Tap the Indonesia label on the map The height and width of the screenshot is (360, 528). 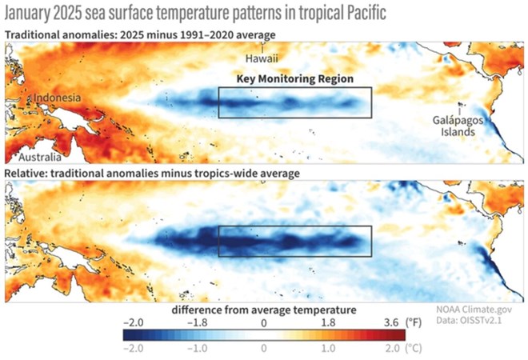[x=57, y=98]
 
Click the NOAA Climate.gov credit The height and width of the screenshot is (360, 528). [x=476, y=307]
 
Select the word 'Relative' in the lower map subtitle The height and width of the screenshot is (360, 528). [x=26, y=173]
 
